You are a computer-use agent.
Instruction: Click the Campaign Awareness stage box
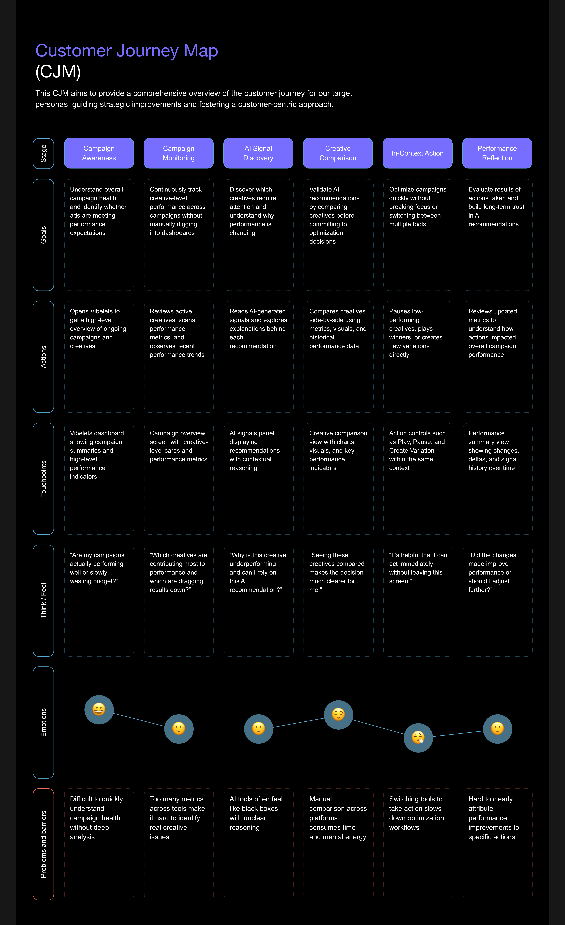click(x=99, y=153)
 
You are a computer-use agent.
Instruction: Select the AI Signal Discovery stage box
click(x=258, y=153)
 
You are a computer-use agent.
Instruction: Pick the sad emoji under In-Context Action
click(x=418, y=738)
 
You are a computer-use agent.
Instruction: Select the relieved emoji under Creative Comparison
click(x=338, y=714)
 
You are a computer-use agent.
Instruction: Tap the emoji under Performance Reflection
click(x=497, y=729)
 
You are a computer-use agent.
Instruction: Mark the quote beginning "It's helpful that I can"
click(x=418, y=568)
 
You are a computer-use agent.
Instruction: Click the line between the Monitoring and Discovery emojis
click(x=218, y=730)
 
